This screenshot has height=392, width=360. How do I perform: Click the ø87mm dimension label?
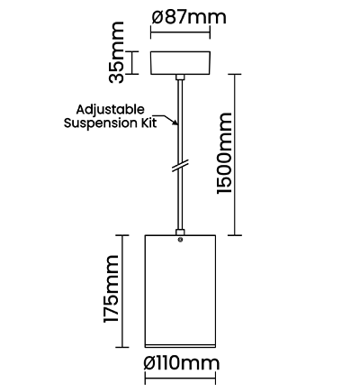click(189, 17)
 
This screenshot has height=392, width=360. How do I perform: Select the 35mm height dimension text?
click(116, 52)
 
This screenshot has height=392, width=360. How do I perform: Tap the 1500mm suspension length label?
click(225, 153)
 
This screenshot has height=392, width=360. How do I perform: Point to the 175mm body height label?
click(112, 289)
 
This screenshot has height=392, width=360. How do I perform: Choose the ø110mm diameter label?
click(182, 363)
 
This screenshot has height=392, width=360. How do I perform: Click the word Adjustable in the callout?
click(110, 110)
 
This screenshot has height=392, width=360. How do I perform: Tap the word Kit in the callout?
click(150, 123)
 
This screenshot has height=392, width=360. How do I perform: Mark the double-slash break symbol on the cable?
click(180, 166)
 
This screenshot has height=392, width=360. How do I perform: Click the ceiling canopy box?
click(180, 63)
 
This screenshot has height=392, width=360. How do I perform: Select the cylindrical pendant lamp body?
click(180, 291)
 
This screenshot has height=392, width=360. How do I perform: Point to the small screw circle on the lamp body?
click(180, 240)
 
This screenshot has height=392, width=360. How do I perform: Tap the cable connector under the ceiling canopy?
click(180, 77)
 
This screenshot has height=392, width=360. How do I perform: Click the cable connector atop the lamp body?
click(180, 232)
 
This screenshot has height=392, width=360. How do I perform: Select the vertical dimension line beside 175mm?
click(122, 291)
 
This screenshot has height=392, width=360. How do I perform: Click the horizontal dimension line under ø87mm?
click(180, 32)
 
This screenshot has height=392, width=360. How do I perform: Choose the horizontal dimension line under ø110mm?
click(180, 378)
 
